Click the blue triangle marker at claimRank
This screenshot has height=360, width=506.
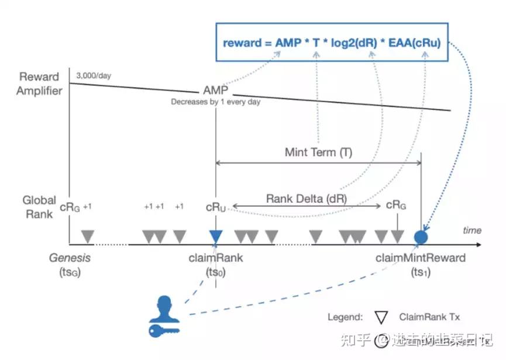pyautogui.click(x=216, y=236)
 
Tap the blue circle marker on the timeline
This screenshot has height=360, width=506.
pyautogui.click(x=421, y=237)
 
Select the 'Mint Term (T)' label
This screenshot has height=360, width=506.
pyautogui.click(x=319, y=153)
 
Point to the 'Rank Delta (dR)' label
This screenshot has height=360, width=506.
pyautogui.click(x=307, y=198)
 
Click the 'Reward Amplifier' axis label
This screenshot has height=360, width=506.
pyautogui.click(x=39, y=84)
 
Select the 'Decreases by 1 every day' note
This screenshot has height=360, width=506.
pyautogui.click(x=216, y=102)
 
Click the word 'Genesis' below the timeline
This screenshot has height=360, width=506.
pyautogui.click(x=70, y=258)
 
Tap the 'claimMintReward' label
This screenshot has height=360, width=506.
pyautogui.click(x=421, y=258)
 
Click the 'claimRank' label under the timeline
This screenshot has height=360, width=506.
pyautogui.click(x=216, y=258)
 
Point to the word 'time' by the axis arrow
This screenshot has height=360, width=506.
pyautogui.click(x=472, y=230)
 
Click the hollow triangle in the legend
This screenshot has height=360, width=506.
pyautogui.click(x=381, y=317)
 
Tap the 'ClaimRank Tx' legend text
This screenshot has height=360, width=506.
pyautogui.click(x=430, y=317)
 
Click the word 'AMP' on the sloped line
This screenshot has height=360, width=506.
pyautogui.click(x=215, y=91)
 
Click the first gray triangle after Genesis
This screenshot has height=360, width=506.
pyautogui.click(x=88, y=236)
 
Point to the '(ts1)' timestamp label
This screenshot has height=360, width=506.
pyautogui.click(x=421, y=272)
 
